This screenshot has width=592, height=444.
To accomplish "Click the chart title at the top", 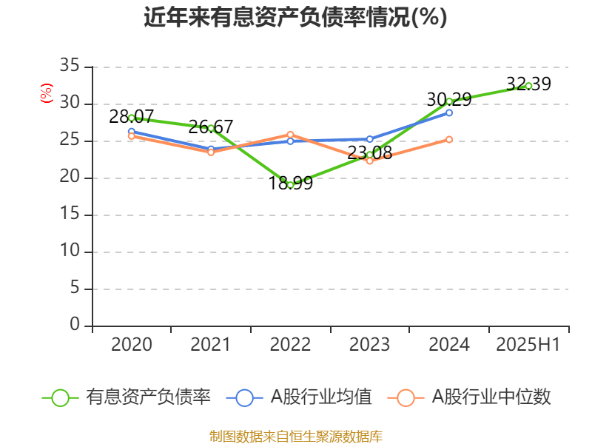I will click(x=295, y=17).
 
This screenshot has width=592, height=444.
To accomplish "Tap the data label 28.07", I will click(x=131, y=116).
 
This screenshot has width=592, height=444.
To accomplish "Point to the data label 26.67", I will click(x=211, y=127).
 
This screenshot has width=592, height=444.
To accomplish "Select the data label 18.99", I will click(x=290, y=184).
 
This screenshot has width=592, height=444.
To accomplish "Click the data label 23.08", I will click(x=369, y=153).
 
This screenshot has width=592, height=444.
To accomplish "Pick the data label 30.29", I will click(x=449, y=98).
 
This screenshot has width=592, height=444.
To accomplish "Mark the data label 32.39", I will click(x=528, y=84).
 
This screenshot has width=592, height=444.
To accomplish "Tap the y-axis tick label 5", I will click(x=74, y=289).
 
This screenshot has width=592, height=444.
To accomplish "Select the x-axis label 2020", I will click(x=132, y=344).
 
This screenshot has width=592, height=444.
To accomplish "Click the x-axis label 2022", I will click(x=290, y=344).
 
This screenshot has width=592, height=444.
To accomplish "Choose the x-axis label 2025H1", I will click(x=528, y=344).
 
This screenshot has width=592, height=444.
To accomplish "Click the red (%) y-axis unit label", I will click(x=47, y=93).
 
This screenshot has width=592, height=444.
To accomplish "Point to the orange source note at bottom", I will click(x=295, y=436).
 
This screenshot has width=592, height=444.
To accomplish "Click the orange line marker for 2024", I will click(x=449, y=139).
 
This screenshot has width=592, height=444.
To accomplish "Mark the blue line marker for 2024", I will click(x=449, y=112).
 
